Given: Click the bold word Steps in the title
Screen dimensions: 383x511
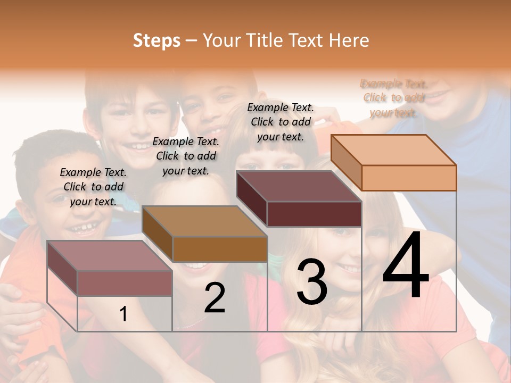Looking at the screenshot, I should click(156, 40).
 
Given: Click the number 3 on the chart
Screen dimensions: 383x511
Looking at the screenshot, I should click(312, 282).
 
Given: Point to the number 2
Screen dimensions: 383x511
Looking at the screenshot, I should click(215, 298).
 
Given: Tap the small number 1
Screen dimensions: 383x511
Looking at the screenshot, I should click(123, 314).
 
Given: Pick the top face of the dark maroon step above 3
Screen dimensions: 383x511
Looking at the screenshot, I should click(299, 186).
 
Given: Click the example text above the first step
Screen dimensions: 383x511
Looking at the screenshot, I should click(94, 187).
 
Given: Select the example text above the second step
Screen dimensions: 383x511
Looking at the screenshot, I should click(186, 156).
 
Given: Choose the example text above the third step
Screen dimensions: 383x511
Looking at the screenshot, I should click(281, 122).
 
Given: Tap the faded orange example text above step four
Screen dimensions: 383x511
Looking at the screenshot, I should click(394, 98).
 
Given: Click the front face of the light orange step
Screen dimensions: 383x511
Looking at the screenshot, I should click(409, 178).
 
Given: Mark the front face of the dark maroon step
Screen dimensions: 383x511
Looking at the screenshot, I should click(314, 214).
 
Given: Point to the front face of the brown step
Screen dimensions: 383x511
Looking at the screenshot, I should click(220, 249).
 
